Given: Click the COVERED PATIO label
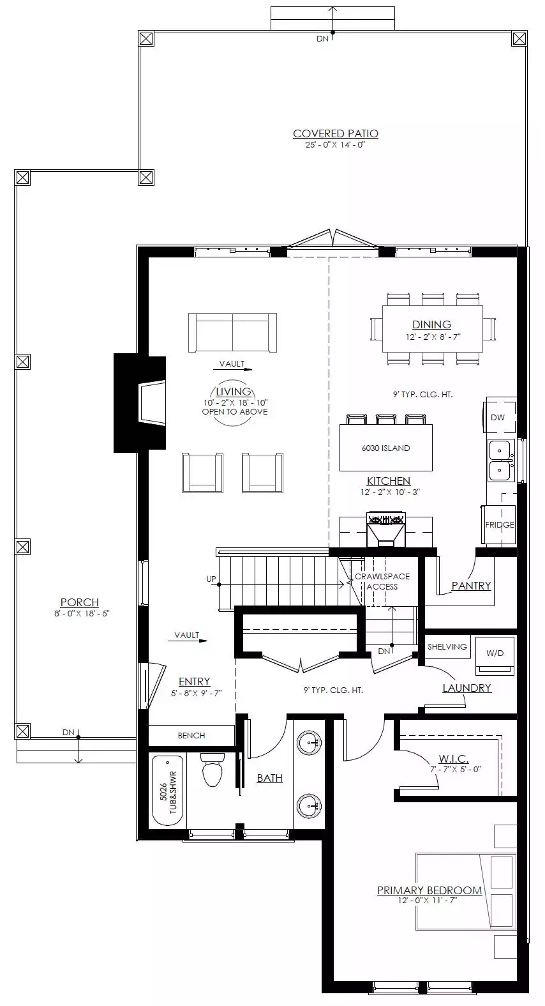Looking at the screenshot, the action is tap(336, 133).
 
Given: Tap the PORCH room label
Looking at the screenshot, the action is tap(80, 602).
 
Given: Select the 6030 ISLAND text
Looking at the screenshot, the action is tap(385, 448).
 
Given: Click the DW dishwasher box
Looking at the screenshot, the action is tap(500, 417).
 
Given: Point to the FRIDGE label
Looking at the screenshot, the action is tap(500, 524).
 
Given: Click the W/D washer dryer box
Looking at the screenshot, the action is tap(495, 656).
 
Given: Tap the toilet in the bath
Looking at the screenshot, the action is tap(212, 770).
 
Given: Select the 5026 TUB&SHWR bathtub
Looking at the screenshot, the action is tap(168, 792).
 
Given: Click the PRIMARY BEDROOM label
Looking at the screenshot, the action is tap(429, 890).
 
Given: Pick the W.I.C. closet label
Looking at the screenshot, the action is tap(454, 759).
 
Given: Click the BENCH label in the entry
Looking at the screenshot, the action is tap(191, 736).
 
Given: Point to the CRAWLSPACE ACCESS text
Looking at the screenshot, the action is tap(382, 581).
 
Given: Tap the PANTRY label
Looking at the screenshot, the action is tap(471, 586).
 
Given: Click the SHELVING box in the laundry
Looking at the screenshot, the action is tap(447, 646).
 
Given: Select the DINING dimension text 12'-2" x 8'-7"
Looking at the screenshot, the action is tap(433, 337).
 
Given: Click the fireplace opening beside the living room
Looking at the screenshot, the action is tap(153, 402).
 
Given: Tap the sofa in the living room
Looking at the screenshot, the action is tap(232, 333).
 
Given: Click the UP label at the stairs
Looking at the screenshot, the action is tap(211, 579).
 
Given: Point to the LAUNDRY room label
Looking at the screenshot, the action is tap(467, 688).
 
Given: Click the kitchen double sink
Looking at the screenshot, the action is tap(500, 460).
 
